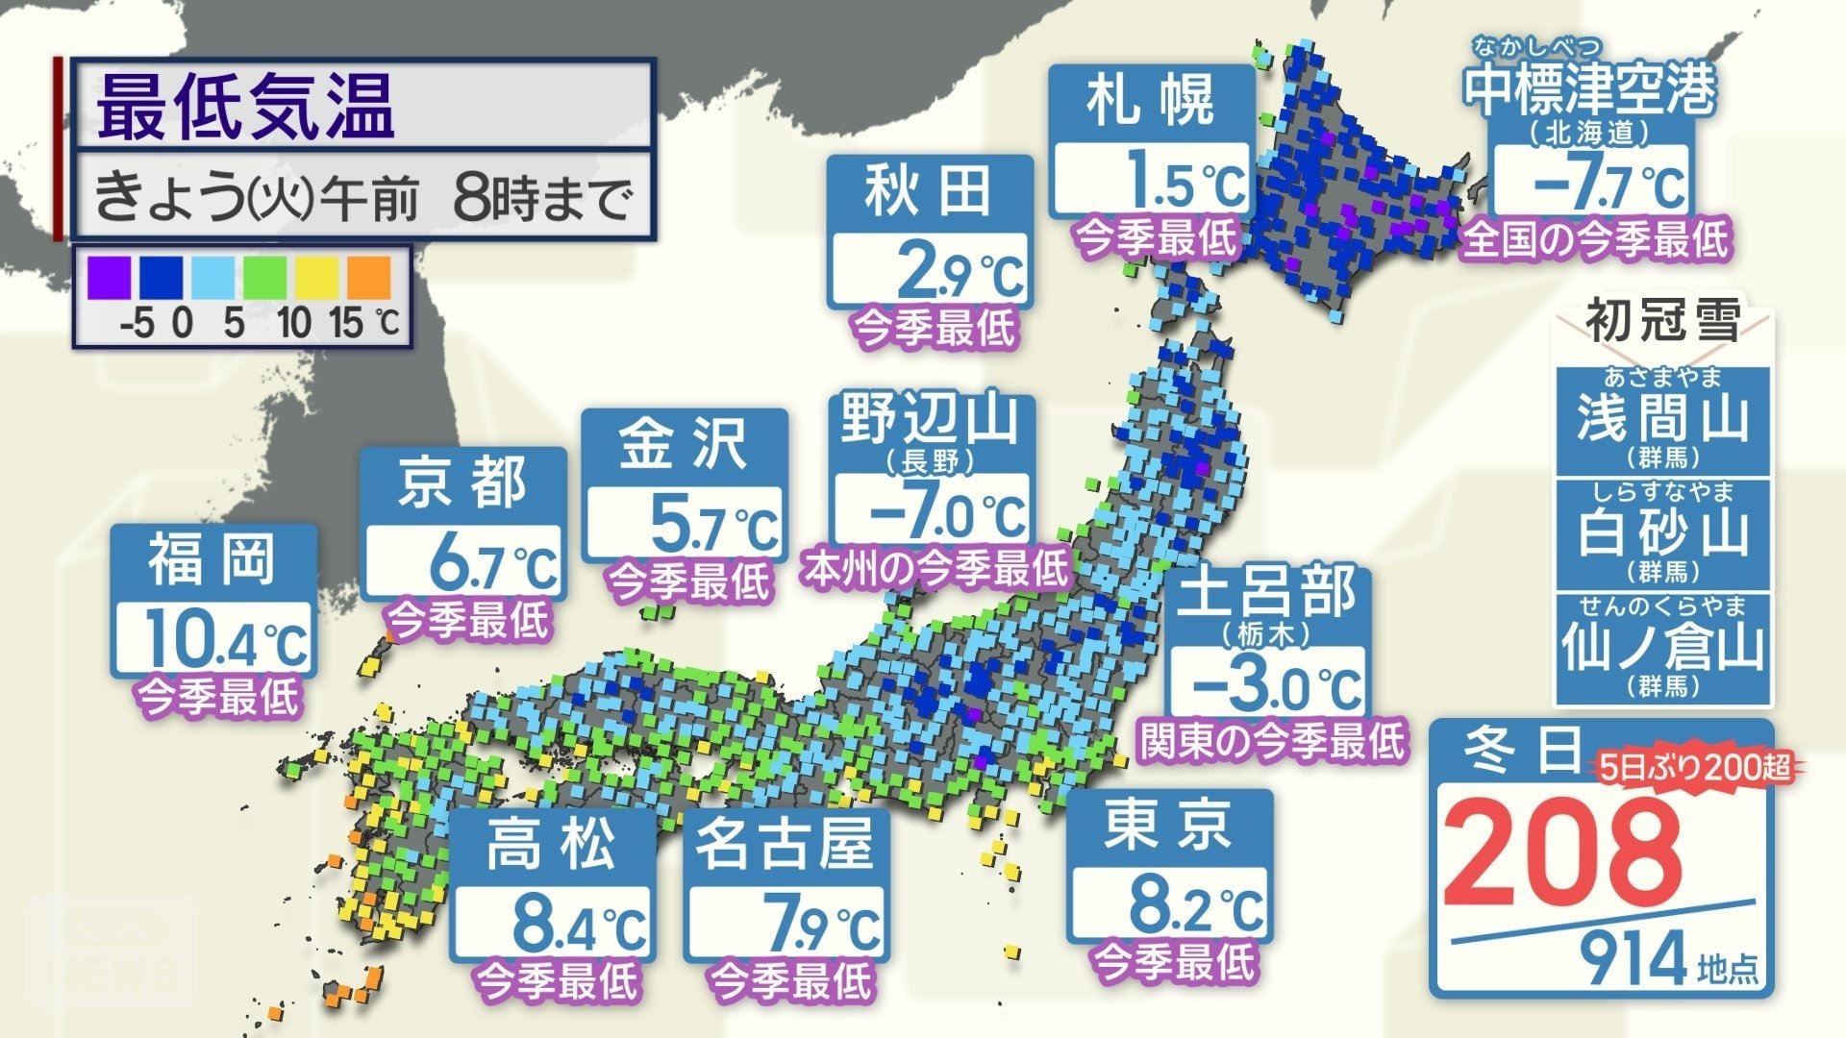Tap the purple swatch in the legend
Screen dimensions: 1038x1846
tap(109, 279)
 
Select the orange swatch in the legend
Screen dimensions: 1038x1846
tap(368, 279)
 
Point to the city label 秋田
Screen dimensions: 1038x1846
tap(929, 190)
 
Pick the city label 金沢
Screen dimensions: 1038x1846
tap(684, 444)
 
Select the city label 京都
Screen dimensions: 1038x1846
tap(463, 482)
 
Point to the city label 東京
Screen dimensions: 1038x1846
tap(1169, 826)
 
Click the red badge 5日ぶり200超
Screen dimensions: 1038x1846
tap(1695, 767)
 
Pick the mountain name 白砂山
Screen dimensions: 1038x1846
tap(1662, 531)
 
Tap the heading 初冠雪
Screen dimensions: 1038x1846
tap(1662, 320)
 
